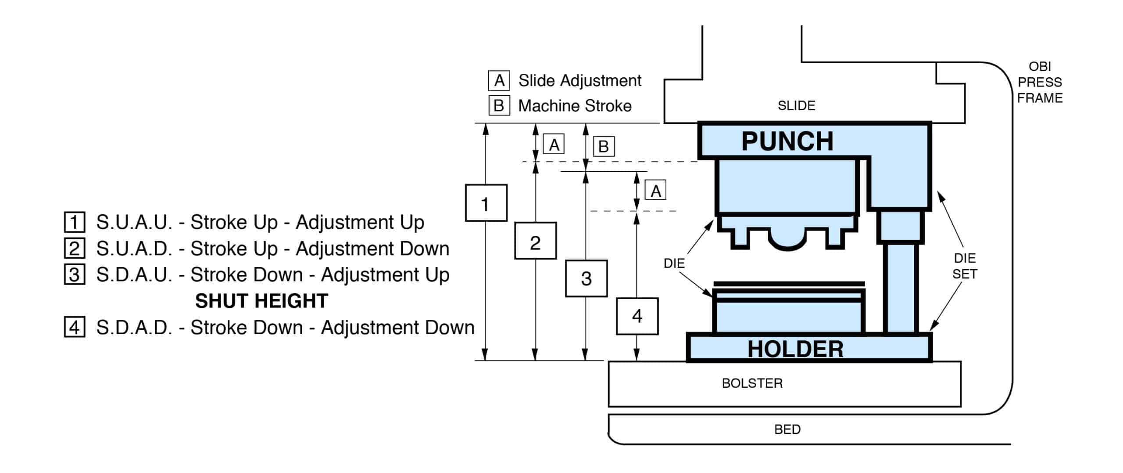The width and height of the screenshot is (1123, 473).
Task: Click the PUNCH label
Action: pos(787,141)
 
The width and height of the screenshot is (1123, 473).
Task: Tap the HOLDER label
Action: pos(795,349)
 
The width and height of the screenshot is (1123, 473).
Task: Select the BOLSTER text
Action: pos(752,383)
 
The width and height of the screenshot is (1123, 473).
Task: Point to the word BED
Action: pos(787,429)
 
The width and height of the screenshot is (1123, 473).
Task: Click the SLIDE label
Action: pos(796,105)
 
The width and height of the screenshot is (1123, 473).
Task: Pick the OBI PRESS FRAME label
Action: pos(1040,82)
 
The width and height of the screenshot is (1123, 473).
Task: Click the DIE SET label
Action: pos(965,266)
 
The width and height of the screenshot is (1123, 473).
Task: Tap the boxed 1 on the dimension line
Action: pos(486,202)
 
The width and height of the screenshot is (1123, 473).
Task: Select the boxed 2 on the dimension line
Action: pos(535,241)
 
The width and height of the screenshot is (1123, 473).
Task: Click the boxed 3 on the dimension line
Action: pos(586,278)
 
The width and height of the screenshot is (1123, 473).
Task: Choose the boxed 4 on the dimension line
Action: pos(637,316)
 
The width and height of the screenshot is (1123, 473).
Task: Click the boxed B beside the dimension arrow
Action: pos(604,146)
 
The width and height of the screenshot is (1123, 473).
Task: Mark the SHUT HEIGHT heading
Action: pos(261,301)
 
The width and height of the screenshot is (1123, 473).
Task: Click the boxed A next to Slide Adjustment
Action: pos(499,80)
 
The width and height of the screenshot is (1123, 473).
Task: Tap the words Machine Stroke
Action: pos(575,106)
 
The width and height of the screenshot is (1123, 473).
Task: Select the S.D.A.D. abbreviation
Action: pos(134,328)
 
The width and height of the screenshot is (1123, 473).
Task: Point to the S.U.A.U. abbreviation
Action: pos(134,222)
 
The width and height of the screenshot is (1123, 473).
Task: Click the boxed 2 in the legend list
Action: pos(75,249)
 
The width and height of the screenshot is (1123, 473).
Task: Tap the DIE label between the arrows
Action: pos(674,263)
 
